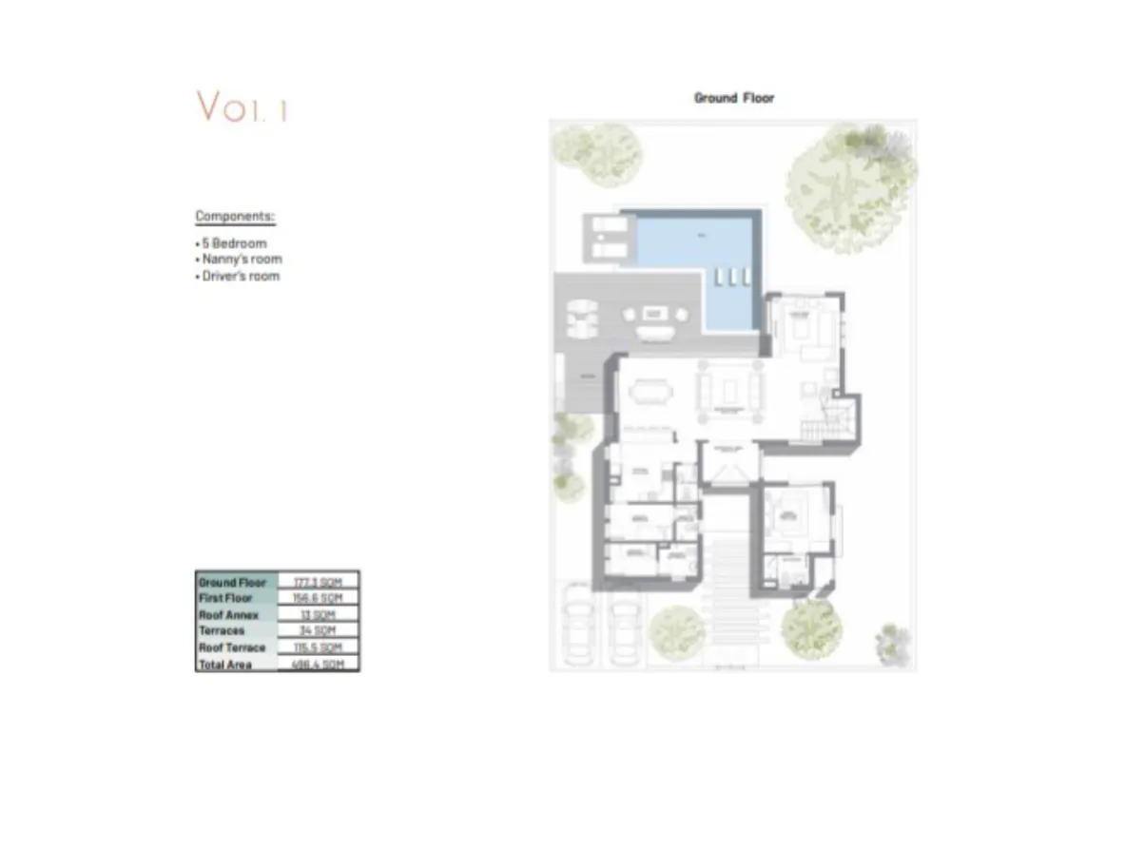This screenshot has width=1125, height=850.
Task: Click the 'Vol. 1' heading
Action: (x=242, y=106)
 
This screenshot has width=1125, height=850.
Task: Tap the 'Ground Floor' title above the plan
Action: (x=733, y=98)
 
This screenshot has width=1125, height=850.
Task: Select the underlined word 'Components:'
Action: (x=235, y=217)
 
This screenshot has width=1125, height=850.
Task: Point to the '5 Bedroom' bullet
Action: (x=233, y=243)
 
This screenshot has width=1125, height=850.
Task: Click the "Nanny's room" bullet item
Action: (x=241, y=260)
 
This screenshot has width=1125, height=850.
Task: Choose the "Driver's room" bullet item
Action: (x=240, y=277)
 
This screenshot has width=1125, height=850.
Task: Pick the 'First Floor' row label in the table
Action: (x=225, y=598)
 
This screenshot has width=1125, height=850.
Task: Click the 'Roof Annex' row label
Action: (x=228, y=615)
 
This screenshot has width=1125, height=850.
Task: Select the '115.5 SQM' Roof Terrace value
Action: (x=318, y=647)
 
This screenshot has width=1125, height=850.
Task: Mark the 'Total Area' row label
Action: (x=225, y=665)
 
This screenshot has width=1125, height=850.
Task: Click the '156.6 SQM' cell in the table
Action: (x=318, y=598)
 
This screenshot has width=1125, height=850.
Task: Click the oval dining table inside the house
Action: (x=651, y=391)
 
